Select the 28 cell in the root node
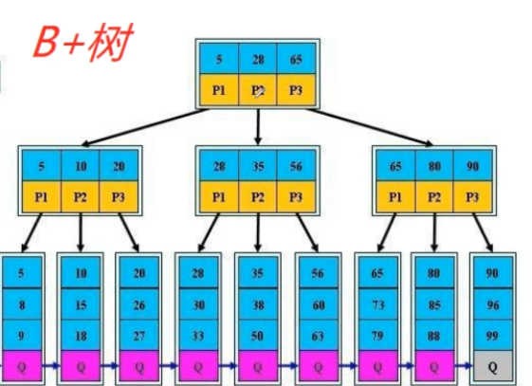click(257, 59)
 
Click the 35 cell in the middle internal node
click(257, 166)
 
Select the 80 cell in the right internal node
click(434, 166)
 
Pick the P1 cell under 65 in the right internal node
click(395, 196)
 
